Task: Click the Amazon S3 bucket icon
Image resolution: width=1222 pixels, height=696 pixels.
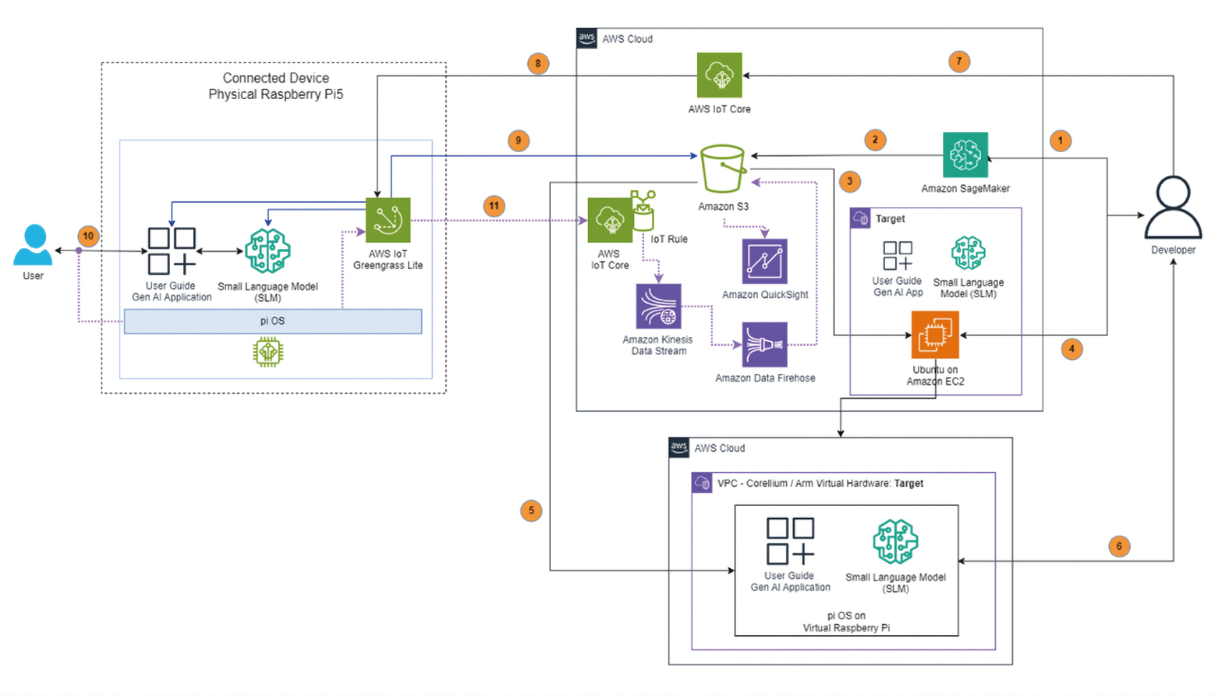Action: click(722, 168)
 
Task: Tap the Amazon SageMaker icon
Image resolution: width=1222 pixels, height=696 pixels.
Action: click(965, 155)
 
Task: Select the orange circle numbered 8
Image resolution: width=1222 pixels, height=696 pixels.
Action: click(538, 64)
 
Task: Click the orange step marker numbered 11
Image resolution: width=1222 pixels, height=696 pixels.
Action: click(494, 206)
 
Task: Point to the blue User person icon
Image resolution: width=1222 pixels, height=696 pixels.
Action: click(33, 245)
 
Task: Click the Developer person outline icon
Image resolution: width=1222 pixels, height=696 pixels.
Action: click(1173, 208)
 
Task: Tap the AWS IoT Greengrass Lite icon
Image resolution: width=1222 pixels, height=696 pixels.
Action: click(388, 220)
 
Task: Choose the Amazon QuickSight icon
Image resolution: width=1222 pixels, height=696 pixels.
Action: click(765, 261)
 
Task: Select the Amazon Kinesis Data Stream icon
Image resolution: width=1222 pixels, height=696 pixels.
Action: click(658, 306)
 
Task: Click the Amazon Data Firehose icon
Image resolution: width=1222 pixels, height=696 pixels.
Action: click(765, 345)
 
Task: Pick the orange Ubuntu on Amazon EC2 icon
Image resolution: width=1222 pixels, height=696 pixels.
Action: click(935, 335)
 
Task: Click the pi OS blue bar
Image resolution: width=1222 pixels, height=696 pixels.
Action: click(272, 321)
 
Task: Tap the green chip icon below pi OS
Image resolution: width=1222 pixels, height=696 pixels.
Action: click(268, 353)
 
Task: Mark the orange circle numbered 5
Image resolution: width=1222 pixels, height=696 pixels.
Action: click(531, 511)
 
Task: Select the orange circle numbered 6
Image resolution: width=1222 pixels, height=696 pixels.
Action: click(1119, 546)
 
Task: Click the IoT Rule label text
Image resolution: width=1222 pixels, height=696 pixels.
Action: click(669, 239)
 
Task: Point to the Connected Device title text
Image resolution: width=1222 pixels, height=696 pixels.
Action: click(276, 78)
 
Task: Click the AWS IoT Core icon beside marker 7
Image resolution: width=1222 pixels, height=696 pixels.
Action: click(719, 75)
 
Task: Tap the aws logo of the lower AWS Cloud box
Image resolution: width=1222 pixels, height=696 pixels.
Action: click(679, 447)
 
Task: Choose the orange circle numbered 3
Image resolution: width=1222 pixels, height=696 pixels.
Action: click(850, 182)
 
